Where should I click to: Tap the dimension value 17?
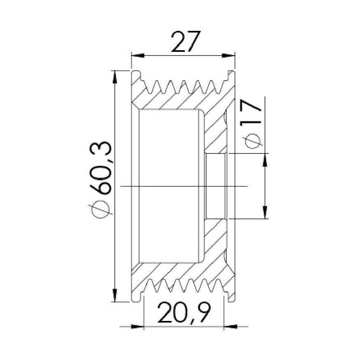[x=251, y=111]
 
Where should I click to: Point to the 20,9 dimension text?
[x=184, y=312]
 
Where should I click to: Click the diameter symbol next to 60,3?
[x=100, y=209]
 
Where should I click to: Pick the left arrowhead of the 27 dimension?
[x=138, y=56]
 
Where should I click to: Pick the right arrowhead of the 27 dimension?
[x=228, y=56]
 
